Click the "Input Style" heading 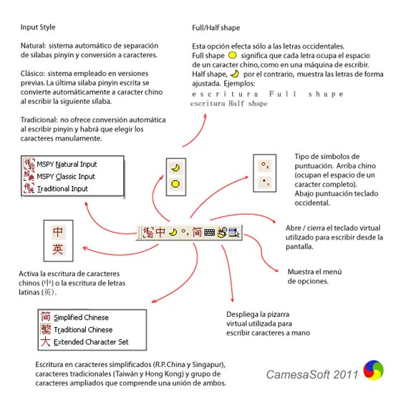[39, 28]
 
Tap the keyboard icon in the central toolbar [210, 232]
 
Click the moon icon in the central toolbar [172, 232]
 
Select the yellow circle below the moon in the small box [174, 184]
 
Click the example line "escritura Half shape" [229, 104]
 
